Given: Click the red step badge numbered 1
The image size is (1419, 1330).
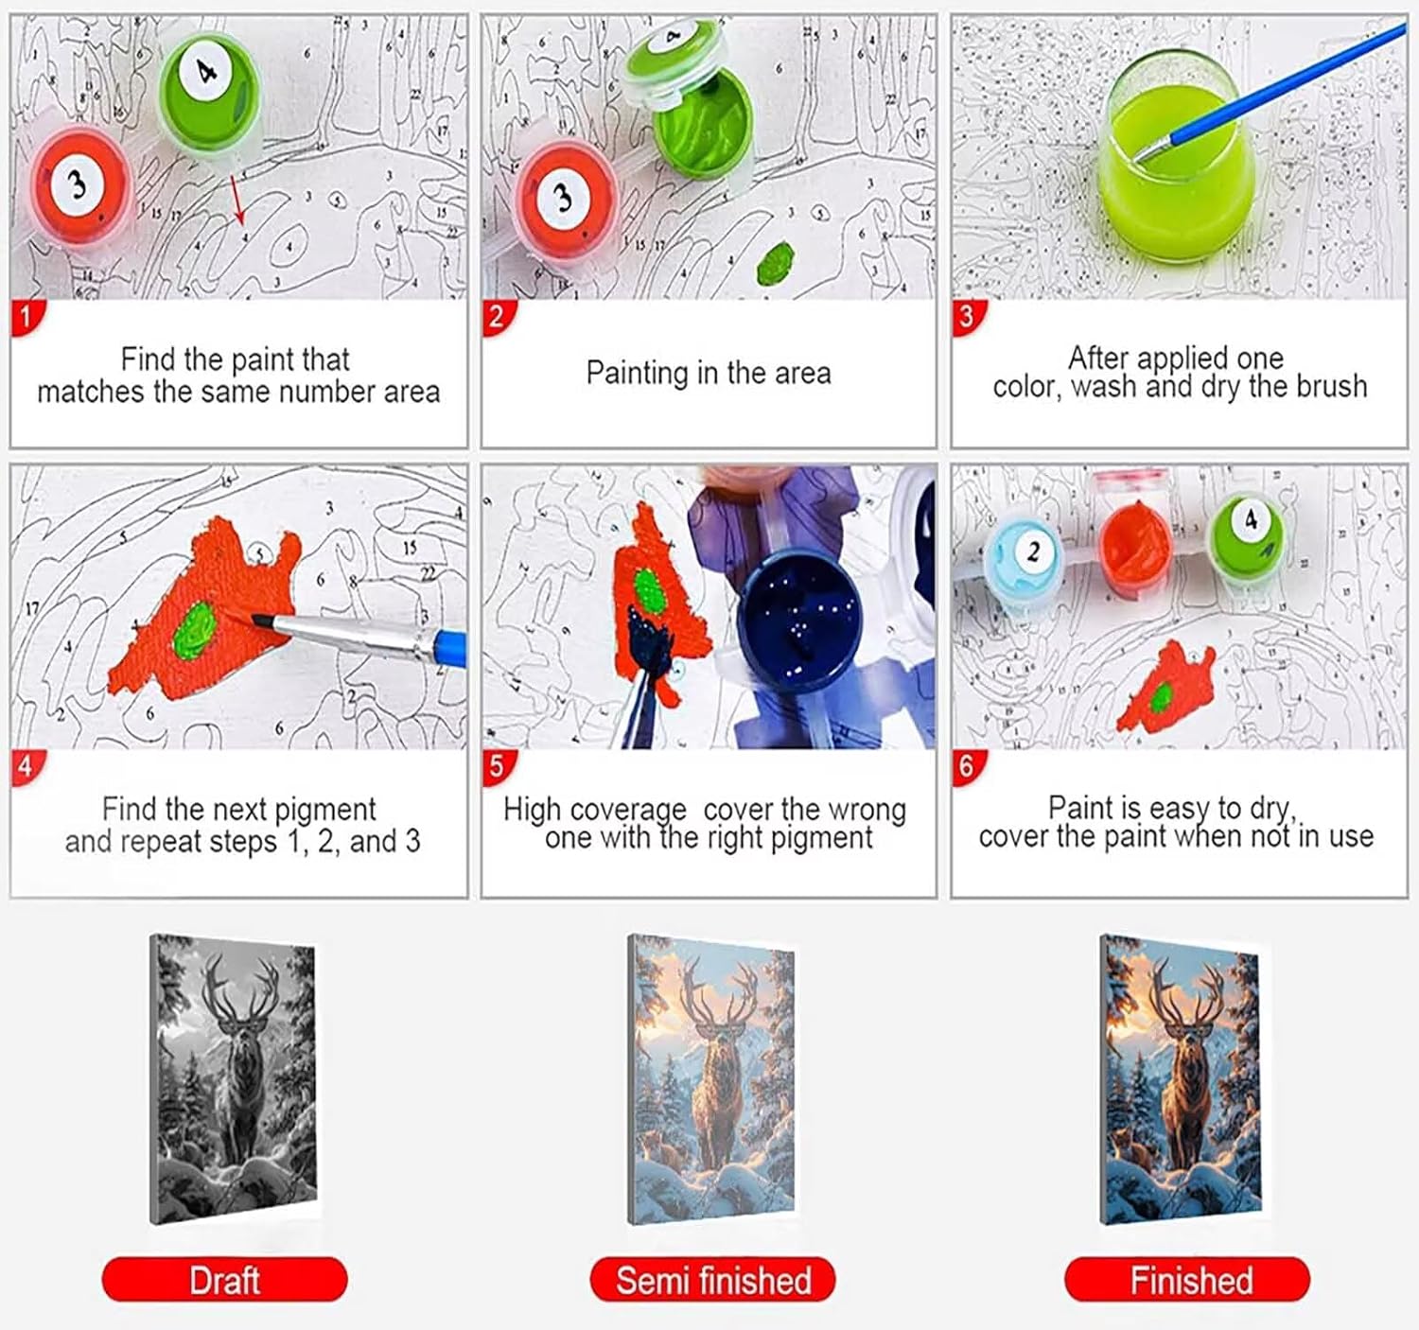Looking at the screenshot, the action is coord(26,317).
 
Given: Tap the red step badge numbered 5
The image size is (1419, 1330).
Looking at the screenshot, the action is coord(498,767).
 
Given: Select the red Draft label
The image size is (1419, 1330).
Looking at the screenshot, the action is coord(224,1279).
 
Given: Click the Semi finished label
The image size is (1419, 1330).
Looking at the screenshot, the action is coord(712,1279).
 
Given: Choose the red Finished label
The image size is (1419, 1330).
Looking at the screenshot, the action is coord(1187,1279).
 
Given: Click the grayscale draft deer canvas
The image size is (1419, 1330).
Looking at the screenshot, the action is coord(234,1080).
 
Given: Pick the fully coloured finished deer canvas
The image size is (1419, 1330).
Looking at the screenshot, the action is coord(1181,1080).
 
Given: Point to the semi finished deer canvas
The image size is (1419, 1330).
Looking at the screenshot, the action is coord(711,1080).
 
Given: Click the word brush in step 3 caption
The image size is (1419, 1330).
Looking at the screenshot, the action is coord(1332,387).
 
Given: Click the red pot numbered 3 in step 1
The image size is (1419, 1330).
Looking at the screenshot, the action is coord(80,185).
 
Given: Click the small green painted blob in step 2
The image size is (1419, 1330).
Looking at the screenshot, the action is coord(776,263).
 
